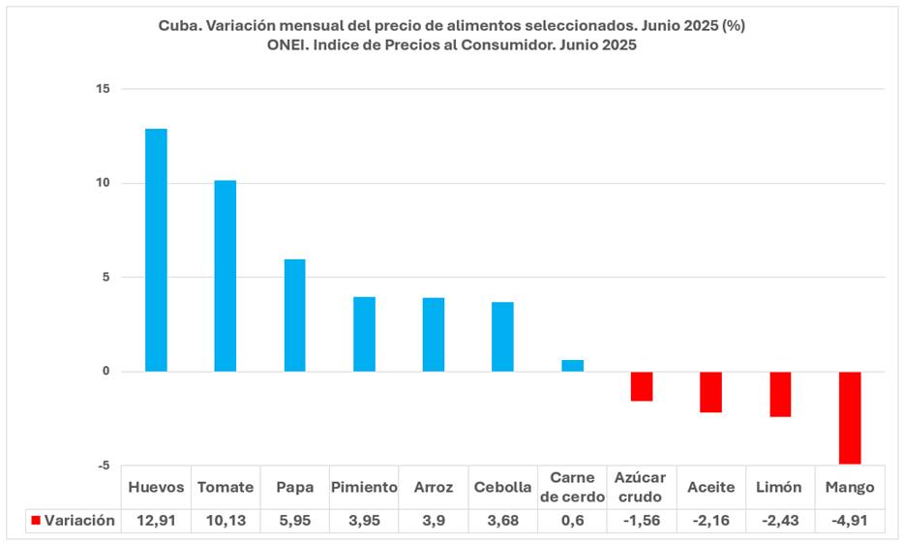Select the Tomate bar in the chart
(x=226, y=276)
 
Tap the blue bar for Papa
(x=294, y=316)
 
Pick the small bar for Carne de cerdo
(x=573, y=366)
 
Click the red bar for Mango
(x=850, y=417)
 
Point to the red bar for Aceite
(x=711, y=392)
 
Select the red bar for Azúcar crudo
(x=642, y=386)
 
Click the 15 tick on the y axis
(x=103, y=89)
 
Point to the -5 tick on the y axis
(x=103, y=466)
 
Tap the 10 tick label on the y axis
(x=103, y=183)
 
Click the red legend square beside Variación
(x=36, y=521)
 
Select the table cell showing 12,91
(x=156, y=521)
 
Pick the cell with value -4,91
(x=850, y=521)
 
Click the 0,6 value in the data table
(x=572, y=521)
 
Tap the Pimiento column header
(x=364, y=487)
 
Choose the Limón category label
(x=780, y=487)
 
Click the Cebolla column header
(x=503, y=487)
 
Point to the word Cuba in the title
(x=177, y=26)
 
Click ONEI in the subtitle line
(x=285, y=45)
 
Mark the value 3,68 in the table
(x=503, y=521)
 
